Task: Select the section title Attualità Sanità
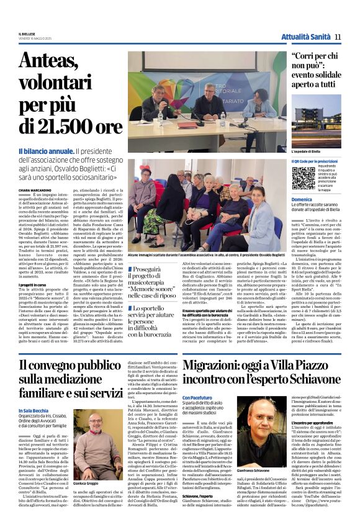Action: pos(306,37)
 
